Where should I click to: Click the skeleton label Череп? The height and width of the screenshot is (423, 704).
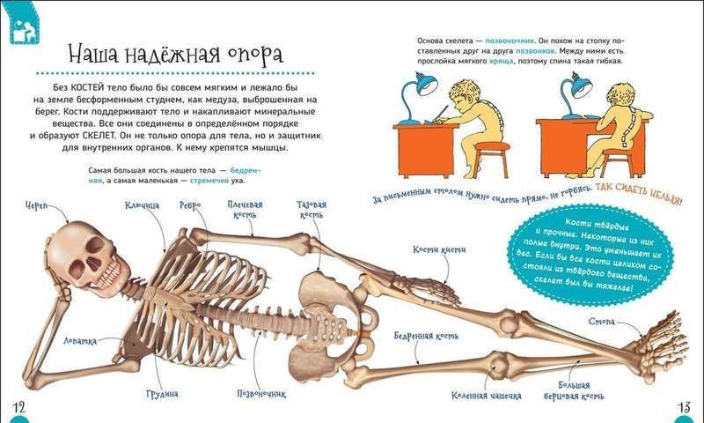(x=35, y=205)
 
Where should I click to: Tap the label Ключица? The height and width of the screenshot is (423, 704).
(x=142, y=205)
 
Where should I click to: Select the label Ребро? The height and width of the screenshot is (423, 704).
(x=190, y=205)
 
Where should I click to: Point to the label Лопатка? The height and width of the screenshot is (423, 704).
(x=79, y=341)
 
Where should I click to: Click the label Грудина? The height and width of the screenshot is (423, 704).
(x=162, y=394)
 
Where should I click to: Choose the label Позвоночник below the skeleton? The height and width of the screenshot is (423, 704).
(x=261, y=394)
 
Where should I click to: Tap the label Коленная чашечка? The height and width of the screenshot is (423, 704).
(x=487, y=396)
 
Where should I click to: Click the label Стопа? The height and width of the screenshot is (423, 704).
(x=602, y=322)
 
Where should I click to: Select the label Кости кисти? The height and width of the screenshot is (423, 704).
(x=439, y=249)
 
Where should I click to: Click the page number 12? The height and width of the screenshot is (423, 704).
(x=18, y=408)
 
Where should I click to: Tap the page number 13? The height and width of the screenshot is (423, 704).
(x=684, y=407)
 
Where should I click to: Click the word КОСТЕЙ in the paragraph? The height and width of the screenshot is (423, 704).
(x=89, y=87)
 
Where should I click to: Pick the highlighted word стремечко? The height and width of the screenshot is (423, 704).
(x=209, y=181)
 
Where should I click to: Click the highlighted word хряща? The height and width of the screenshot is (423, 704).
(x=501, y=61)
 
